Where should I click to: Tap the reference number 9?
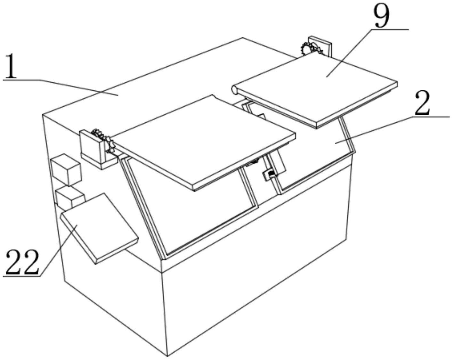tap(381, 17)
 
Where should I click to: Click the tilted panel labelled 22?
tap(99, 228)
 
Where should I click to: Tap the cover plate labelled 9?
tap(315, 91)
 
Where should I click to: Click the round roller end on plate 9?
tap(234, 90)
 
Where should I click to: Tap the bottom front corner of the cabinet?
tap(167, 356)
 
